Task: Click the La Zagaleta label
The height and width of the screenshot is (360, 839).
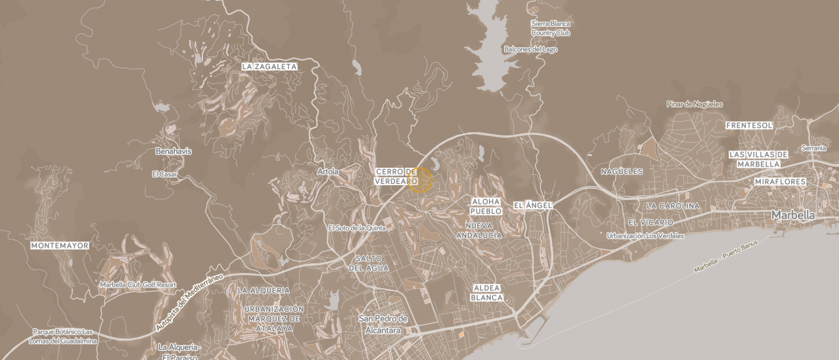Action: (x=269, y=67)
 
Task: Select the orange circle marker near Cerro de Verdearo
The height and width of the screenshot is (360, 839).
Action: (x=420, y=180)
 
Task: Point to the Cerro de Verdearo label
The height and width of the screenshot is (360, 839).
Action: (x=396, y=177)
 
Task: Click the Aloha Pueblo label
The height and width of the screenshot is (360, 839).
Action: (x=485, y=206)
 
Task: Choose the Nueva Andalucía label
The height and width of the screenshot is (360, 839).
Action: (x=478, y=231)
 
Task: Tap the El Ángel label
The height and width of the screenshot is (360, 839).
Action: (x=532, y=206)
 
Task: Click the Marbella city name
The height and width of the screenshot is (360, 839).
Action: (x=793, y=215)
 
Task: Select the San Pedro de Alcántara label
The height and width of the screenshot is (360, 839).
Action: (x=383, y=325)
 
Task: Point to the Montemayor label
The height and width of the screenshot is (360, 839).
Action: (x=60, y=246)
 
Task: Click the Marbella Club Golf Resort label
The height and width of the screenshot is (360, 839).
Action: (x=138, y=284)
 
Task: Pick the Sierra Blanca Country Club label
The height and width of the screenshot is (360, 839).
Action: (x=550, y=28)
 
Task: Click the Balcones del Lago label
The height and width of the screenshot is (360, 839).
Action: (x=530, y=49)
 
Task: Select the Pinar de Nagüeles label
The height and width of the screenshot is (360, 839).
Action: (x=694, y=104)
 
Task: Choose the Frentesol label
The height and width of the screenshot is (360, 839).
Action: (x=749, y=126)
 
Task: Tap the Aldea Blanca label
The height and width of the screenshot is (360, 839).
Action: (x=487, y=293)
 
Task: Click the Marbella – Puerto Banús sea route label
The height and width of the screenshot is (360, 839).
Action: (x=725, y=257)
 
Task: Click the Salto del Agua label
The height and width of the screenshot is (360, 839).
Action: (x=368, y=263)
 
